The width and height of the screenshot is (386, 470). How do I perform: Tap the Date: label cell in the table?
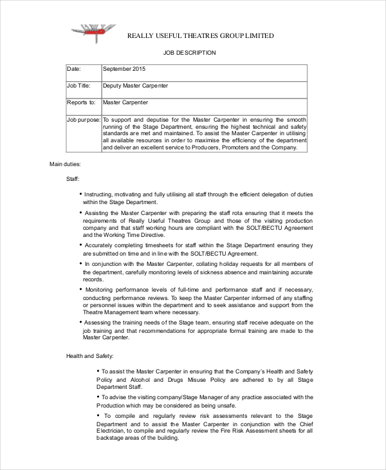point(74,68)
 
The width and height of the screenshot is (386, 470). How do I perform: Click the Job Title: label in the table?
point(78,85)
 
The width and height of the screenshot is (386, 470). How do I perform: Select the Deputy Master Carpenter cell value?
point(136,85)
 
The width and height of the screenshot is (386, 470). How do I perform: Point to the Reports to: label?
point(81,102)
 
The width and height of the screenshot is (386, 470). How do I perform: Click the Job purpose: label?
point(84,120)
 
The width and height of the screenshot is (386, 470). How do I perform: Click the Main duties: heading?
point(65,164)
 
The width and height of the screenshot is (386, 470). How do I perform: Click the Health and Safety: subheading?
point(90,356)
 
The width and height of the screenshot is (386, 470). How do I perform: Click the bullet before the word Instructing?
point(81,194)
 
